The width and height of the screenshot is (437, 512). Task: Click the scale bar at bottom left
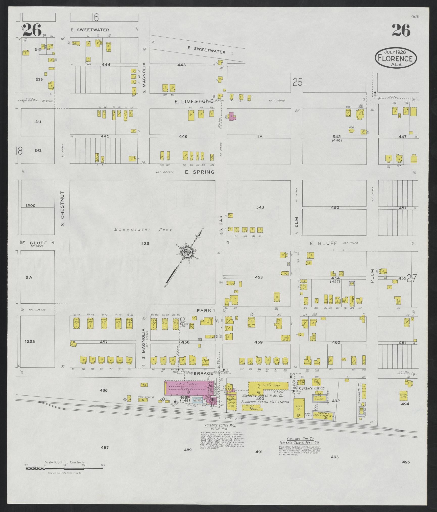(x=64, y=468)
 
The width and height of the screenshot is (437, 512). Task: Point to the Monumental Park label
(x=143, y=230)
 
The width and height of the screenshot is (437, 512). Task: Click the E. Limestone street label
(x=194, y=101)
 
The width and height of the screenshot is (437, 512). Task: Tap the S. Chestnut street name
(x=63, y=208)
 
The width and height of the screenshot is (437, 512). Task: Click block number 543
(x=260, y=207)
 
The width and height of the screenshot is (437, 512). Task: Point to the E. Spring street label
(x=200, y=172)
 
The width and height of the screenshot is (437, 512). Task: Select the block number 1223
(x=30, y=342)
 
